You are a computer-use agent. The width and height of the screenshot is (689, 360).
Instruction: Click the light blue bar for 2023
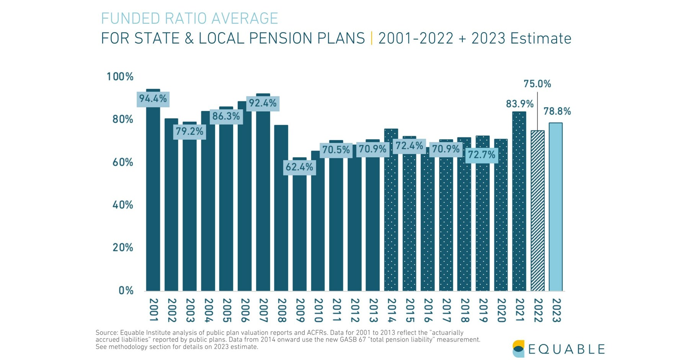point(555,207)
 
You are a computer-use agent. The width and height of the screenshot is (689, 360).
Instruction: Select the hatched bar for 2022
point(537,210)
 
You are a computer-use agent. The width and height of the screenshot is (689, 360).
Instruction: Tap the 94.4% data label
point(153,99)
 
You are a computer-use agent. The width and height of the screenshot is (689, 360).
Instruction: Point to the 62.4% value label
point(299,167)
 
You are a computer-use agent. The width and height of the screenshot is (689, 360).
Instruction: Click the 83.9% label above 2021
point(519,104)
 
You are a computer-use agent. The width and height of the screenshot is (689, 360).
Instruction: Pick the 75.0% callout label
point(537,84)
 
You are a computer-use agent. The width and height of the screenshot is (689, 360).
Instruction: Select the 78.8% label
point(557,111)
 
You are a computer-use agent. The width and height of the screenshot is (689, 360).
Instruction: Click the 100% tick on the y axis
point(120,77)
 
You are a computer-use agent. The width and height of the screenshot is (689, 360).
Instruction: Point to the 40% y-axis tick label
point(122,205)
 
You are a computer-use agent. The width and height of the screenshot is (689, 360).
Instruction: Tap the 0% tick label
point(126,290)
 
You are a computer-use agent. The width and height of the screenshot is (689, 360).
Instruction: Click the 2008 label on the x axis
point(281,310)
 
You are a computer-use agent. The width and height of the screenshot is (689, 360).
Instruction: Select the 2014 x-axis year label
point(391,310)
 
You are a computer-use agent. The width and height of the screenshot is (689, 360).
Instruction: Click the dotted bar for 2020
point(501,214)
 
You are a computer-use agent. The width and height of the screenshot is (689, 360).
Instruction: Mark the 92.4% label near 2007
point(263,103)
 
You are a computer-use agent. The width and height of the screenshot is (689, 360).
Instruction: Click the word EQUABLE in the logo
point(567,349)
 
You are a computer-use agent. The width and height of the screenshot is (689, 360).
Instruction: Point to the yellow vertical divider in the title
point(372,39)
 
